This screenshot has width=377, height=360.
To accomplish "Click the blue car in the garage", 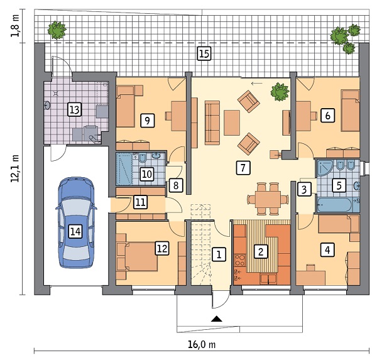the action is pos(76,222).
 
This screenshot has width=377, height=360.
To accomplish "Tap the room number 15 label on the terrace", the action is pos(204,53).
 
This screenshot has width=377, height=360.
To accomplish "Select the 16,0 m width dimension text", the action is pos(202,345).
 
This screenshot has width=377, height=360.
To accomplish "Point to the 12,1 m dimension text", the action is pos(15,168).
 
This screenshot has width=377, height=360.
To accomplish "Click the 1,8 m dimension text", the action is pos(15,26).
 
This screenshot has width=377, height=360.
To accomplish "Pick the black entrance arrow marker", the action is pos(217,319).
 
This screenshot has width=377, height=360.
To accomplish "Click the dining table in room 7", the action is pos(268,199).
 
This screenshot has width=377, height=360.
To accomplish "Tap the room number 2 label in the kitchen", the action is pos(261,251).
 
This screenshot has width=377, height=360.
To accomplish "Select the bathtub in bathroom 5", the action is pos(338,205).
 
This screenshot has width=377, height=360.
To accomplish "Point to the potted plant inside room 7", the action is pos(280,92).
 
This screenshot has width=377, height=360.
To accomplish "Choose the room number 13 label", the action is pos(75,110).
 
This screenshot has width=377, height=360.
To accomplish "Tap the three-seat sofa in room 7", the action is pos(212,123).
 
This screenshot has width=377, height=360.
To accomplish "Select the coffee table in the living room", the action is pos(232,123).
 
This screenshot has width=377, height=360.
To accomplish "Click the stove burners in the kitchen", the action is pos(240,260).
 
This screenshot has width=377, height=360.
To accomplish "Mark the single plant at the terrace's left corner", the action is pos(57,30).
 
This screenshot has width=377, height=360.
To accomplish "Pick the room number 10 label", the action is pos(147,174).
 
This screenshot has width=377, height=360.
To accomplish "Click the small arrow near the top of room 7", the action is pos(257,84).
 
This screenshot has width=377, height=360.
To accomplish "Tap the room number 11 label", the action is pos(141,202).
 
